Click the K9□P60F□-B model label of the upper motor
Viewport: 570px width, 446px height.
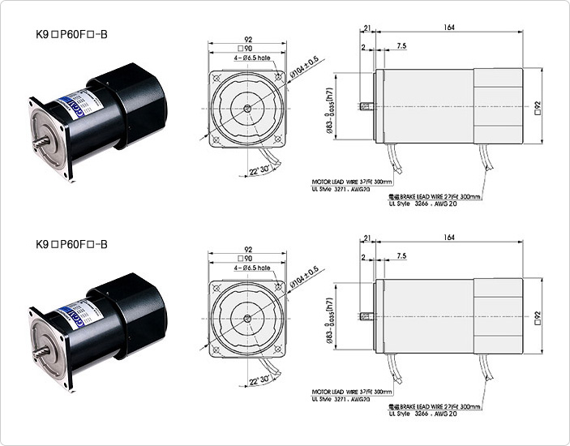point(72,35)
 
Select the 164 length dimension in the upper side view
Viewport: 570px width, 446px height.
point(448,27)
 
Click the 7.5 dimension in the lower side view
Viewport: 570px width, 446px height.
point(401,256)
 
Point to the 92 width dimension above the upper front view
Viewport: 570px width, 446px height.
point(247,38)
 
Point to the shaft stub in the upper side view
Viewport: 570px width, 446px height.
point(369,107)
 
